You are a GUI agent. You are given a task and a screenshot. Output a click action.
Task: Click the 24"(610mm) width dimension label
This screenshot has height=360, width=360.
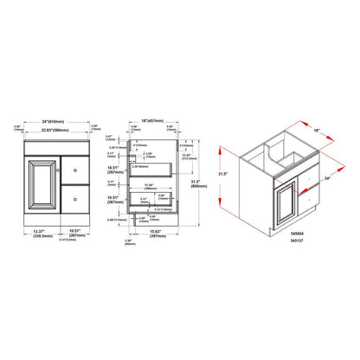pos(49,121)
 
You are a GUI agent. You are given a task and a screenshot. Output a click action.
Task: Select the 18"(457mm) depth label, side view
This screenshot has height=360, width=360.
pos(154,119)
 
